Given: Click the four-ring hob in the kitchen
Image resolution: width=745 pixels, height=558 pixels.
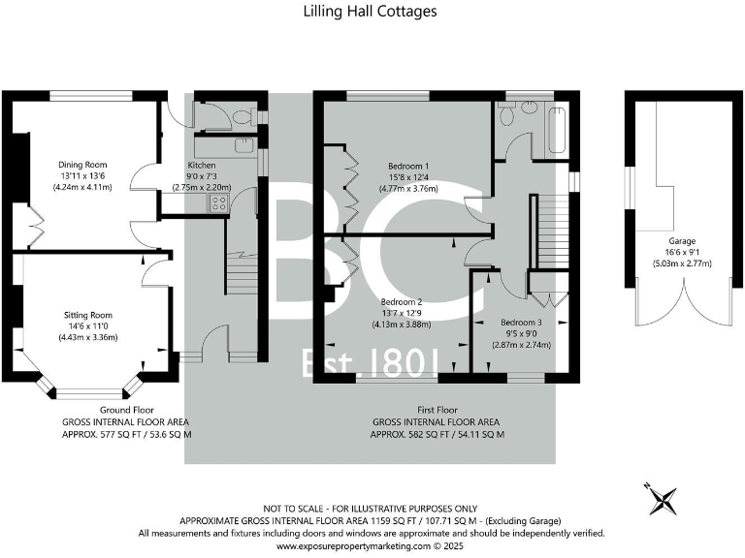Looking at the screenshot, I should click(x=218, y=203).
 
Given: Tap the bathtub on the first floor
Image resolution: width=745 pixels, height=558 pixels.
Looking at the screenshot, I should click(x=556, y=131).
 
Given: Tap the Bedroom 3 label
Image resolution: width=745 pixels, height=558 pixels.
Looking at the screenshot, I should click(x=521, y=323).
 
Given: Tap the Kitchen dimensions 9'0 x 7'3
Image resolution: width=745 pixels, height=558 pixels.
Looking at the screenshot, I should click(x=201, y=175).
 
